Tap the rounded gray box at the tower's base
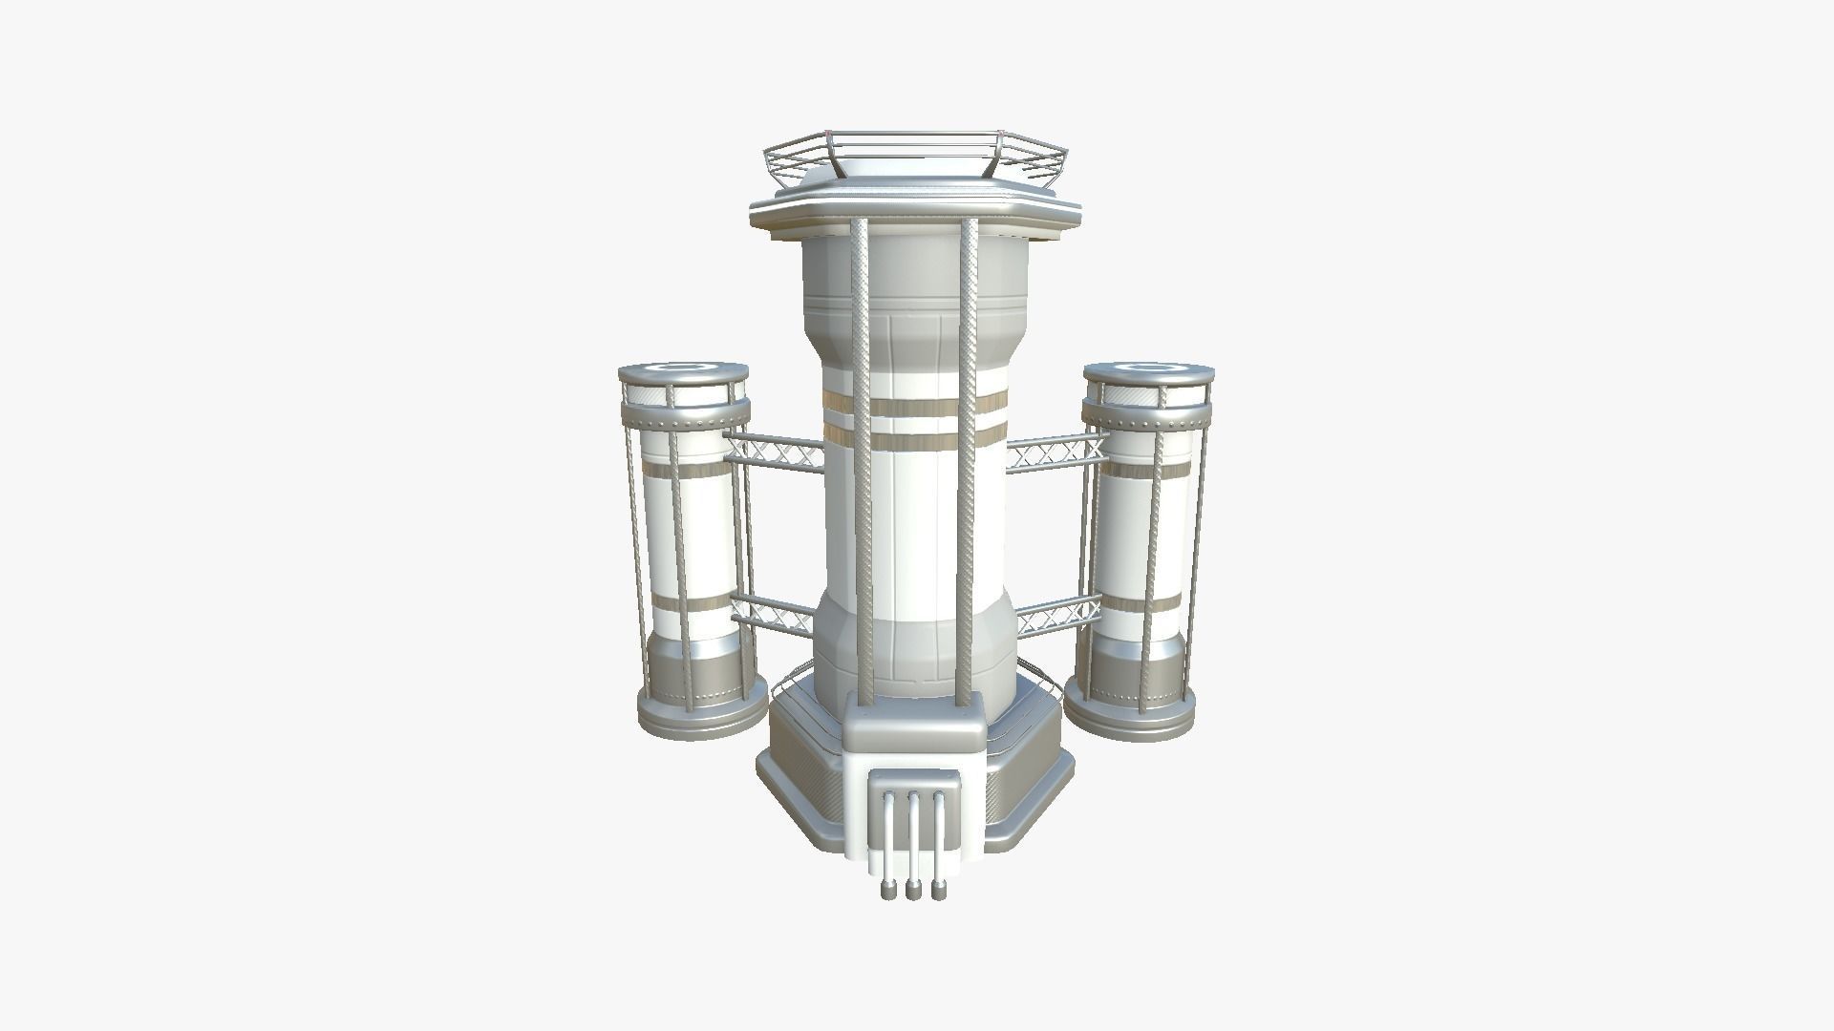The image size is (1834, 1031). tap(915, 730)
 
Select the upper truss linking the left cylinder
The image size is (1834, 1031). tap(774, 452)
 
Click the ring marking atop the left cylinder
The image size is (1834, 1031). tap(681, 367)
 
